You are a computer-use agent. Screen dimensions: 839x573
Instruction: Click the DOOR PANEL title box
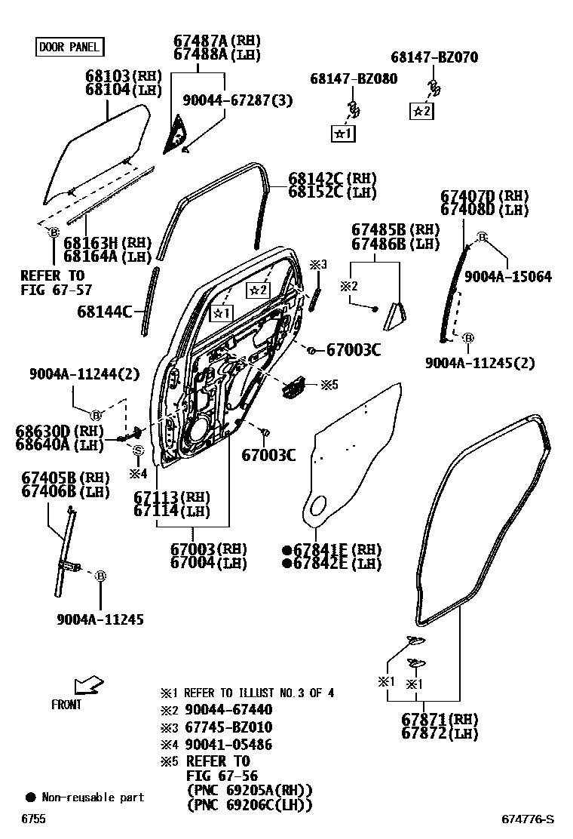click(x=69, y=48)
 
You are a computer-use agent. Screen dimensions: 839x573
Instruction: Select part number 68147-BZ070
click(x=434, y=57)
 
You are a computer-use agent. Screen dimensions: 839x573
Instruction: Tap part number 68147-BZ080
click(x=354, y=78)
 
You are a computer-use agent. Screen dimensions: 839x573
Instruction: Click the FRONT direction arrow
click(x=88, y=685)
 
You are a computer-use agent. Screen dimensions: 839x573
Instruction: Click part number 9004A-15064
click(x=507, y=277)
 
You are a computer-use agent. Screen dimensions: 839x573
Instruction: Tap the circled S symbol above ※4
click(x=139, y=450)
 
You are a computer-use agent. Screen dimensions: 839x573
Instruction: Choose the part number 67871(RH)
click(x=440, y=719)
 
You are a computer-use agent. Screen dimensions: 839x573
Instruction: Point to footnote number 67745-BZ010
click(x=228, y=727)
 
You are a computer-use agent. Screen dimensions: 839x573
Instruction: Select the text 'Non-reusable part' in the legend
click(x=93, y=797)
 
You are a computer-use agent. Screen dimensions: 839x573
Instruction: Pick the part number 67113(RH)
click(x=171, y=497)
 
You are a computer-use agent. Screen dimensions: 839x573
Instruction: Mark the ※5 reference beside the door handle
click(x=329, y=385)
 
